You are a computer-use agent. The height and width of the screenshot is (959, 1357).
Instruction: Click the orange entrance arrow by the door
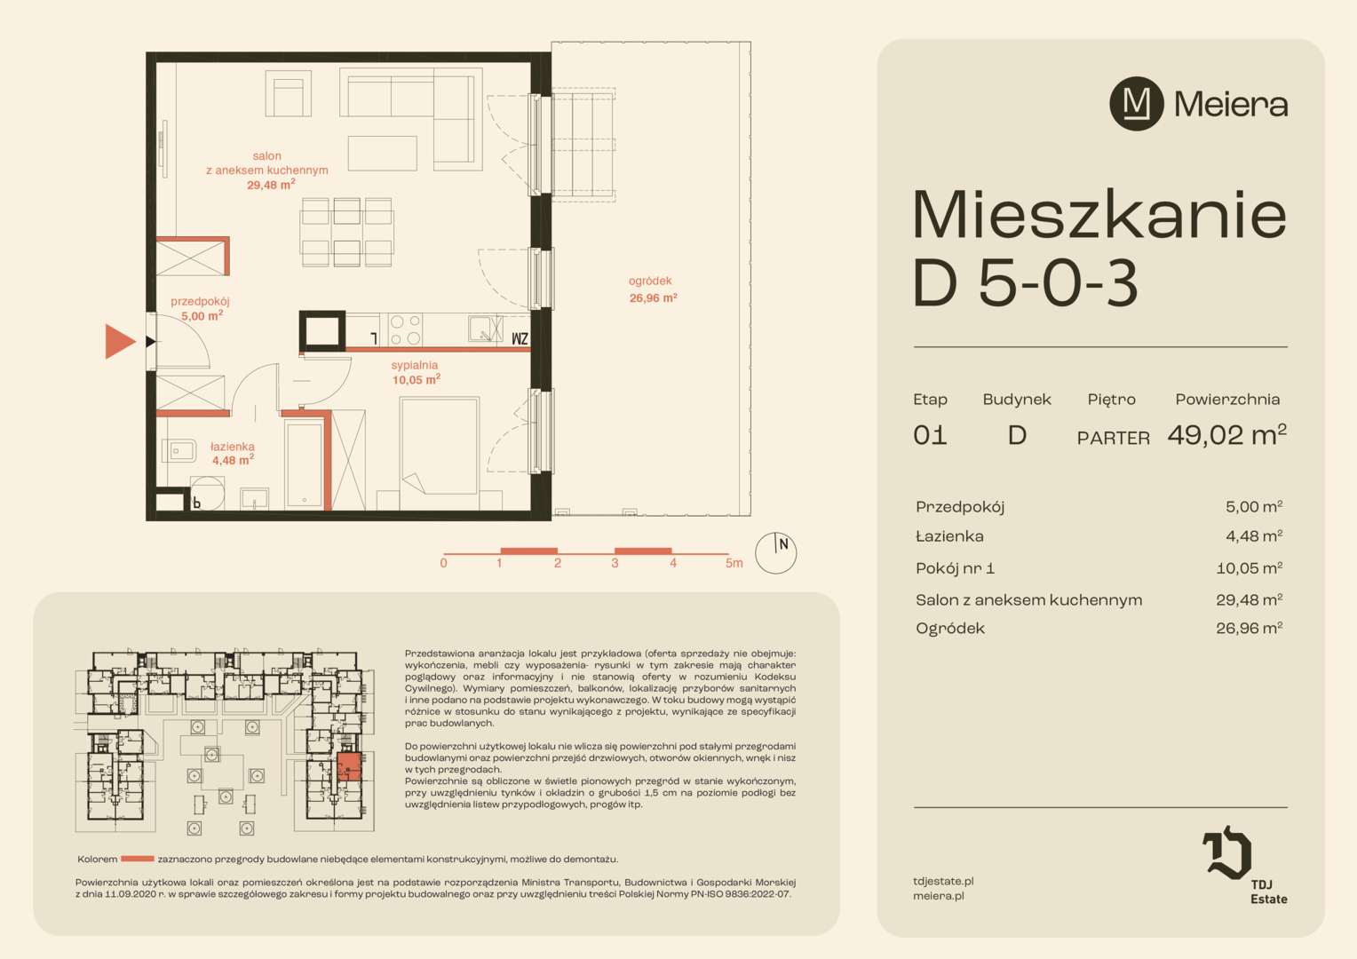[119, 341]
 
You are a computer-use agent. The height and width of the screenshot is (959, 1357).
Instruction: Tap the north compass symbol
[775, 552]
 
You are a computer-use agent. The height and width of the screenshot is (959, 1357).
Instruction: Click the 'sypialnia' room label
[415, 365]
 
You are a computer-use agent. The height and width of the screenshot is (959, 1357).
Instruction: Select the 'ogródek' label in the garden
[650, 281]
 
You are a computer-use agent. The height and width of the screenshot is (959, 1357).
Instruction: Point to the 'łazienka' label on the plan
[232, 446]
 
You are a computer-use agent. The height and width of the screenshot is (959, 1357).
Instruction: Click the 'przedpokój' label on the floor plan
[200, 301]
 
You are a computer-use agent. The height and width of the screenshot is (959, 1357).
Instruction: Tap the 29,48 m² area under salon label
[271, 185]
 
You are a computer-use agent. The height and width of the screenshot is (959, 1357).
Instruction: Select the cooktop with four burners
[405, 330]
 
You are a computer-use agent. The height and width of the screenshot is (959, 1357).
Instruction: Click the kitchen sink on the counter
[485, 329]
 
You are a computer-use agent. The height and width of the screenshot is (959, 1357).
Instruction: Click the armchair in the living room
[289, 93]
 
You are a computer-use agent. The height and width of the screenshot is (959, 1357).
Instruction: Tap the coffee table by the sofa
[382, 154]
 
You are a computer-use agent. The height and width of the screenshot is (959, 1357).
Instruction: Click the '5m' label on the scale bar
[734, 563]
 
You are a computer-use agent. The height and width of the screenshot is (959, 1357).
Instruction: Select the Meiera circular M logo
[1137, 104]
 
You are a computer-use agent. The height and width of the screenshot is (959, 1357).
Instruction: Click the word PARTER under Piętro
[1114, 438]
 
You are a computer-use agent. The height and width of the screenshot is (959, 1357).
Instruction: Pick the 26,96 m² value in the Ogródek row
[1250, 628]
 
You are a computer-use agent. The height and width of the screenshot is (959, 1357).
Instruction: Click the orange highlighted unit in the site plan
[349, 767]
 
